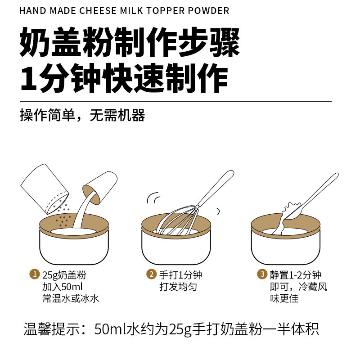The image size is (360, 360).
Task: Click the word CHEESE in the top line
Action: point(98,11)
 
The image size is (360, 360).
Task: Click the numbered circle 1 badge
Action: point(35,274)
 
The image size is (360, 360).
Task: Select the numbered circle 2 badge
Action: point(151,274)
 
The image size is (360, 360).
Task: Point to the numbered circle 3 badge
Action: point(262,274)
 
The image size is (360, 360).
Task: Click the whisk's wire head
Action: point(177,220)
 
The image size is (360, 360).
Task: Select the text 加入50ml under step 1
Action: point(63,287)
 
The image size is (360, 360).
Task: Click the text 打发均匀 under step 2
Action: point(178,287)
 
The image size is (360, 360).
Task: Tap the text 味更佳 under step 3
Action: point(284,298)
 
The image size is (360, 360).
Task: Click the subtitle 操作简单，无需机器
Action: point(82,115)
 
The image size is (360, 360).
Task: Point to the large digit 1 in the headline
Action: point(29,79)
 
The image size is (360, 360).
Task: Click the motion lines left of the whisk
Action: point(153,198)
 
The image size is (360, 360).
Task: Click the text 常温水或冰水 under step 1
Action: point(71,298)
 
